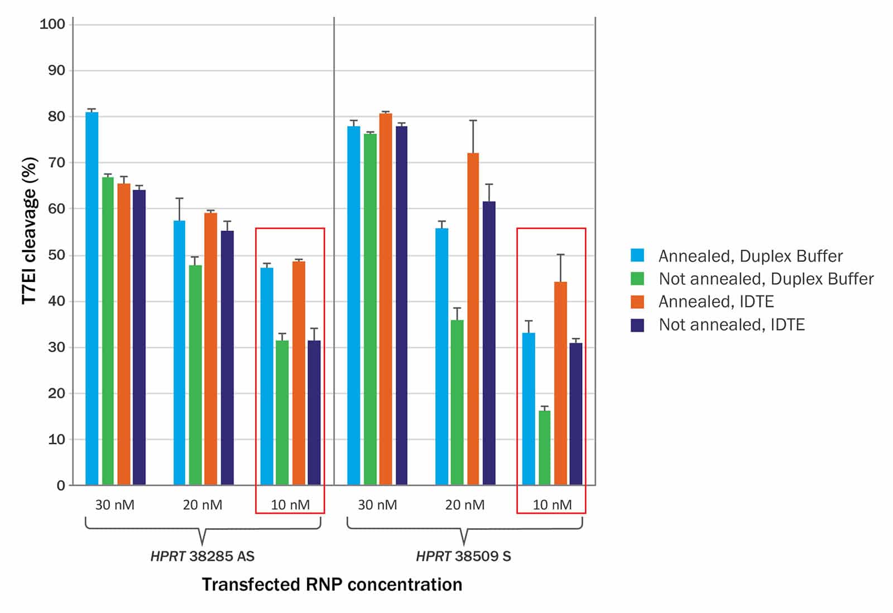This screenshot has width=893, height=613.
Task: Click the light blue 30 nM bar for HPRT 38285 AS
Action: click(x=92, y=299)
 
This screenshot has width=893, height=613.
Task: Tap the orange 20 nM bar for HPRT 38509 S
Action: click(x=473, y=319)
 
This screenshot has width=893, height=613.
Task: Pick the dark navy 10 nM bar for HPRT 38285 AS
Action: click(x=314, y=413)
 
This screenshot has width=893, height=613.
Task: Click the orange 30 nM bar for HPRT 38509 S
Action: click(x=386, y=299)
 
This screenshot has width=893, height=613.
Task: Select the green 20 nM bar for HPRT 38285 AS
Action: click(x=195, y=375)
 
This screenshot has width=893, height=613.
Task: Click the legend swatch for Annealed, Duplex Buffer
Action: click(x=637, y=256)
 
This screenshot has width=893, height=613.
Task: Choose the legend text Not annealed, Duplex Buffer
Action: click(x=766, y=279)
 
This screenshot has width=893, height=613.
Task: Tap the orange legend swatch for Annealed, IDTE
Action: click(x=637, y=302)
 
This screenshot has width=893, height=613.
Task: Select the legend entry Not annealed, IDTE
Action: click(x=731, y=325)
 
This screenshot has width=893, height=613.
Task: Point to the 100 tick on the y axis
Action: click(x=52, y=24)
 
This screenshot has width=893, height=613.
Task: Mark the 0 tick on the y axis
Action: click(x=61, y=486)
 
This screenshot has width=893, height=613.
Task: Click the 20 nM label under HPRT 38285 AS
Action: click(x=203, y=505)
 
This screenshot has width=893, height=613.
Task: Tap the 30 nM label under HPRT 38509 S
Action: click(x=377, y=505)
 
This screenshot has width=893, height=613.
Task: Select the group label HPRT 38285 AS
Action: click(x=203, y=557)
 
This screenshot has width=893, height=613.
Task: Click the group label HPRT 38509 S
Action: click(x=464, y=557)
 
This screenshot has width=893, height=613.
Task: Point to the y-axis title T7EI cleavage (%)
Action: click(x=30, y=231)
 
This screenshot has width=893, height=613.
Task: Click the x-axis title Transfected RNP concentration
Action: click(x=332, y=585)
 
